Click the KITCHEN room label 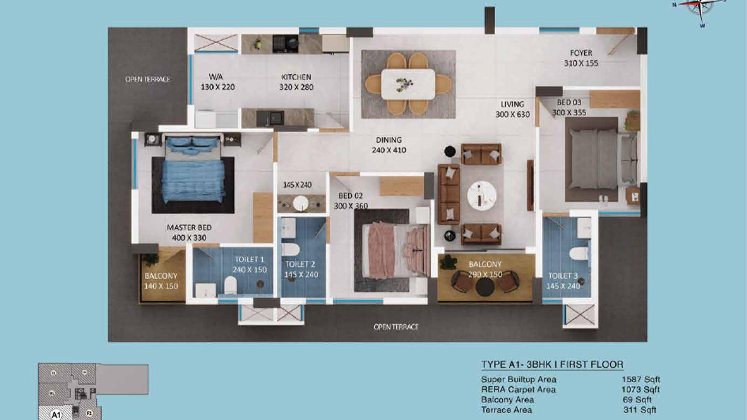296,77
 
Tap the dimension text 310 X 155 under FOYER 581,63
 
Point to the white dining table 408,84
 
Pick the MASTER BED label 189,227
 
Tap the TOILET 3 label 563,276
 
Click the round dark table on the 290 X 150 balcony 485,287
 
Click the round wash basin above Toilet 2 300,203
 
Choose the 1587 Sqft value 640,379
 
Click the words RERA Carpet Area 518,389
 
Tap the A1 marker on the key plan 56,415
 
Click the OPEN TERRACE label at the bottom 396,327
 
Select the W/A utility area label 216,77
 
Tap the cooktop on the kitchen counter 285,44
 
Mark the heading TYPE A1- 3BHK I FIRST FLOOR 552,364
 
